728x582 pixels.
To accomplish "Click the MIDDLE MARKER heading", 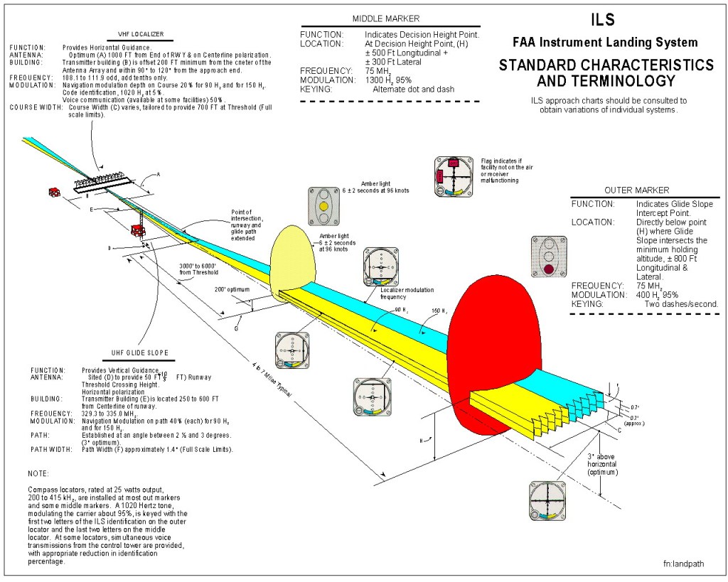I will point(385,18).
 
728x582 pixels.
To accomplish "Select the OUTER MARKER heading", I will point(636,190).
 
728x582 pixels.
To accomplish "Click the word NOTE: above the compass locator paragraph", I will point(38,473).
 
